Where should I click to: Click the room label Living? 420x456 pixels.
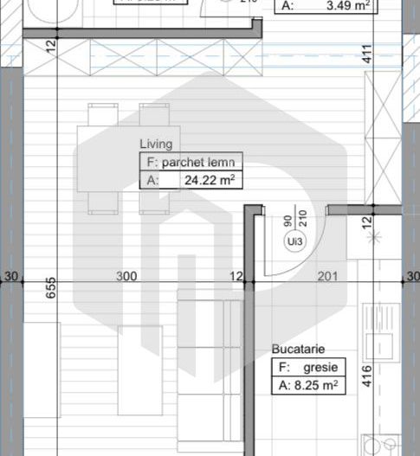tap(156, 145)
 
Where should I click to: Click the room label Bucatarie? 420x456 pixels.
tap(298, 350)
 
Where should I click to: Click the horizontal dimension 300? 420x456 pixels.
tap(126, 276)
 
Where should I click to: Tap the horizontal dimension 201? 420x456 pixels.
tap(328, 276)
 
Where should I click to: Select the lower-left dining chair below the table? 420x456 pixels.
tap(102, 202)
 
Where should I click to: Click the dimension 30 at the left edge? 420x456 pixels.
tap(11, 276)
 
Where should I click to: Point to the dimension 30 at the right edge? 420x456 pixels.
tap(412, 276)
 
